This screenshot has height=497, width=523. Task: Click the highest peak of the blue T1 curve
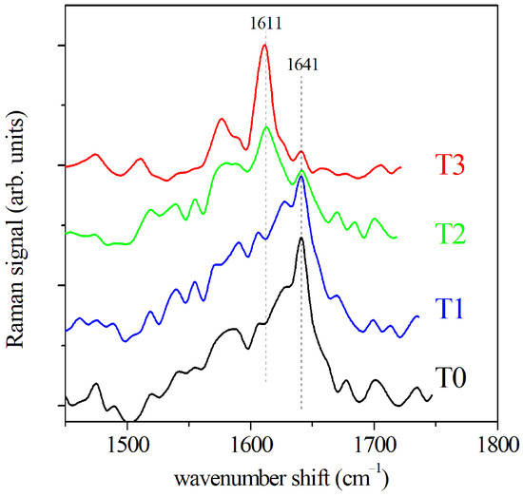tap(301, 176)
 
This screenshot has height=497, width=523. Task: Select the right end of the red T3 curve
tap(400, 166)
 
